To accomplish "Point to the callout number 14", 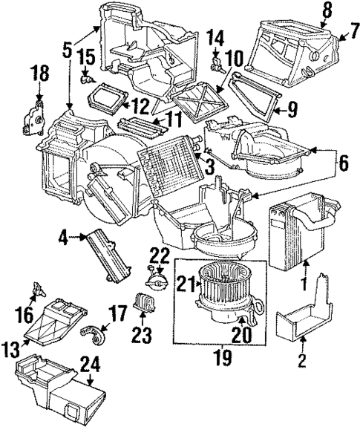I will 215,36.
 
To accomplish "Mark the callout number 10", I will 234,57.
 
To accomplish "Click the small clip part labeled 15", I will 87,76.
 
